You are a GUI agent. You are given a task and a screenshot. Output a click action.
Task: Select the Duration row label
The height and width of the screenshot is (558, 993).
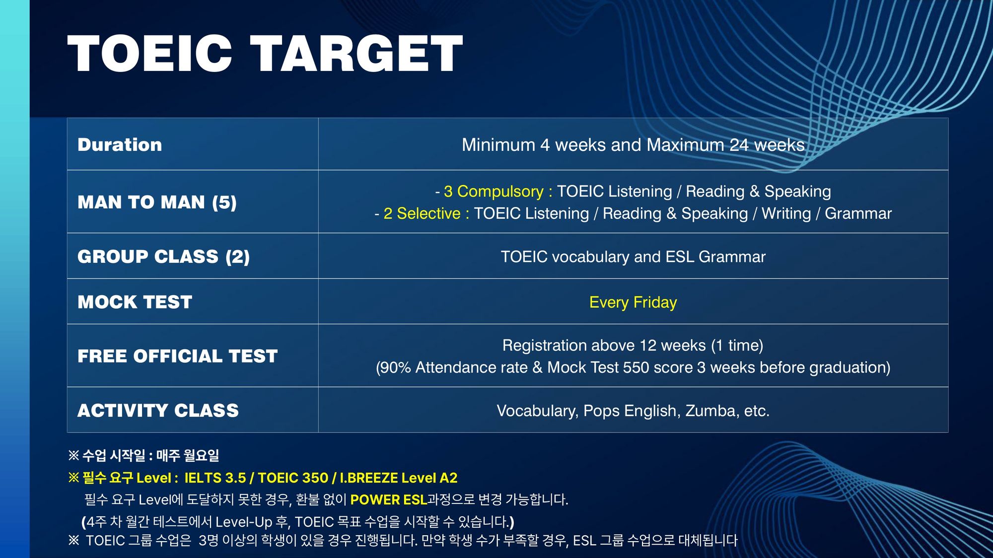pyautogui.click(x=120, y=145)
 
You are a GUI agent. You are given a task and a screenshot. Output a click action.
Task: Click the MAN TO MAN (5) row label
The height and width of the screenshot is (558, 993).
pyautogui.click(x=157, y=202)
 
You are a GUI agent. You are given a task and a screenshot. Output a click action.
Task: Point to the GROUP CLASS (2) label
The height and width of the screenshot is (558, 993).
pyautogui.click(x=163, y=257)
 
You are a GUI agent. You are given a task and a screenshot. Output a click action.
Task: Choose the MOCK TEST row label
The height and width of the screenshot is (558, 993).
pyautogui.click(x=135, y=302)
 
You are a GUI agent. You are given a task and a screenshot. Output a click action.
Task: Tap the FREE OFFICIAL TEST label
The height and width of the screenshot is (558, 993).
pyautogui.click(x=177, y=356)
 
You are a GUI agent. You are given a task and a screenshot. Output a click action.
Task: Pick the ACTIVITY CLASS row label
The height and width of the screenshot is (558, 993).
pyautogui.click(x=158, y=411)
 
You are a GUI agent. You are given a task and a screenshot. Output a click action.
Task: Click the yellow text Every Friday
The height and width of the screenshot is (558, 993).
pyautogui.click(x=633, y=303)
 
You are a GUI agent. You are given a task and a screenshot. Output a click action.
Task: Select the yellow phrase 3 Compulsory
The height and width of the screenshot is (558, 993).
pyautogui.click(x=494, y=191)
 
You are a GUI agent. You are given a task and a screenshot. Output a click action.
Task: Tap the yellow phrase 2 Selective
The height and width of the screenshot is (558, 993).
pyautogui.click(x=422, y=213)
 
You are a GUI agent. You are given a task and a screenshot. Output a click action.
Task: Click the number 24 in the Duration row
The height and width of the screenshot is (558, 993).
pyautogui.click(x=739, y=145)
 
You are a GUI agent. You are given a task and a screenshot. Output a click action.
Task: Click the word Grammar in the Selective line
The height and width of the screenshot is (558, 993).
pyautogui.click(x=858, y=213)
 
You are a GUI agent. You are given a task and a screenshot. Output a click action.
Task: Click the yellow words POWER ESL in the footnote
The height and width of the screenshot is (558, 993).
pyautogui.click(x=389, y=499)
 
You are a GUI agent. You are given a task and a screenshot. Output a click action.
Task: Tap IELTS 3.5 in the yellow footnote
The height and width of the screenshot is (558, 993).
pyautogui.click(x=215, y=478)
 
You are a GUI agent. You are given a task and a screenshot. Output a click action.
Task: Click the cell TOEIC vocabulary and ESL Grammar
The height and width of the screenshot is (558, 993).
pyautogui.click(x=633, y=257)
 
